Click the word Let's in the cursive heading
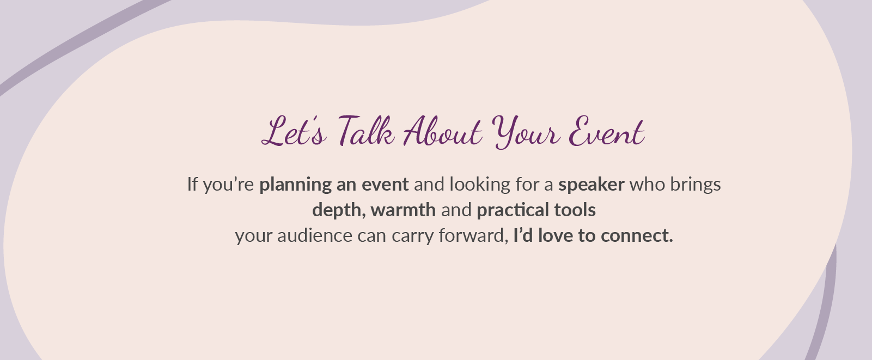pos(294,131)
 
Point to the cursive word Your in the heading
pos(526,132)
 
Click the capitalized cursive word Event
pos(607,131)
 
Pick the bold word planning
pos(295,185)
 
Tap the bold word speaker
pos(592,185)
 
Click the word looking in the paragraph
pos(480,185)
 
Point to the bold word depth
pos(337,211)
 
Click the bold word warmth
pos(403,210)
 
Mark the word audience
pos(315,236)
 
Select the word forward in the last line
pos(472,236)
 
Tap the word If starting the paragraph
pos(193,184)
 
